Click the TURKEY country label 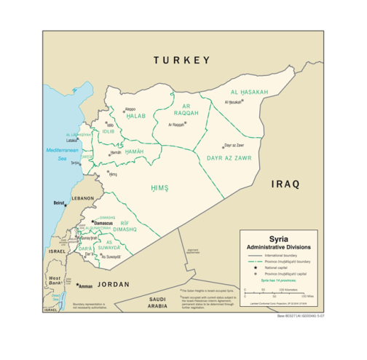pos(181,60)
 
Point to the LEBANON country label pos(82,198)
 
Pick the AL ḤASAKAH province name pos(249,93)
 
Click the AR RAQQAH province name pos(186,110)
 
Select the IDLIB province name pos(108,131)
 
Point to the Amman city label pos(86,286)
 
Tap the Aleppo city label pos(130,109)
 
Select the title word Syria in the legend pos(277,238)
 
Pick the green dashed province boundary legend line pos(254,262)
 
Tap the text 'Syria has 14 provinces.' pos(277,280)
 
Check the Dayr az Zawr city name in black pos(234,146)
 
